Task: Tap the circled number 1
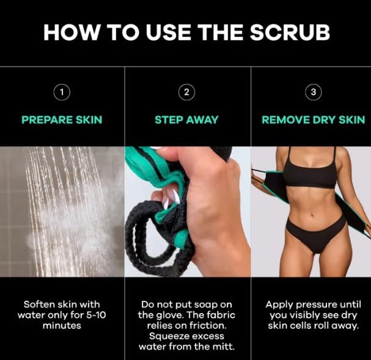click(x=61, y=92)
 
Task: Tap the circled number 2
click(x=186, y=92)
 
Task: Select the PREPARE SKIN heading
click(x=62, y=119)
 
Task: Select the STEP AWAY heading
click(x=186, y=119)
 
